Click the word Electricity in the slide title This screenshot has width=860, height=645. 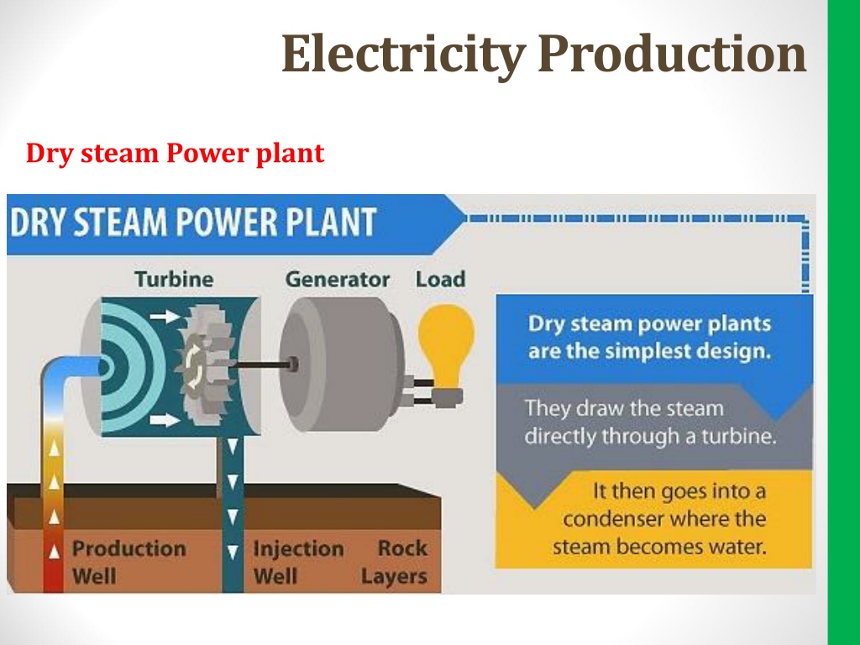click(x=403, y=53)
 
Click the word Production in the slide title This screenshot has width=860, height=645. click(x=672, y=53)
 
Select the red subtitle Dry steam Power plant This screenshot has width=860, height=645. click(x=175, y=154)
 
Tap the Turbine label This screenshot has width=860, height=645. click(x=175, y=279)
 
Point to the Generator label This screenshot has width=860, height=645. click(x=338, y=279)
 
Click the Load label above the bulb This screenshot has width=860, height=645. click(x=440, y=279)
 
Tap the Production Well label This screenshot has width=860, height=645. click(x=128, y=562)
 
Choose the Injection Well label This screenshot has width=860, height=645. click(x=298, y=562)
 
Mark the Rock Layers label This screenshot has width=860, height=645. click(x=395, y=562)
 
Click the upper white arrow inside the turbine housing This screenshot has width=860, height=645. click(x=165, y=316)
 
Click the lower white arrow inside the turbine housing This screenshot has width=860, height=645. click(x=165, y=420)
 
